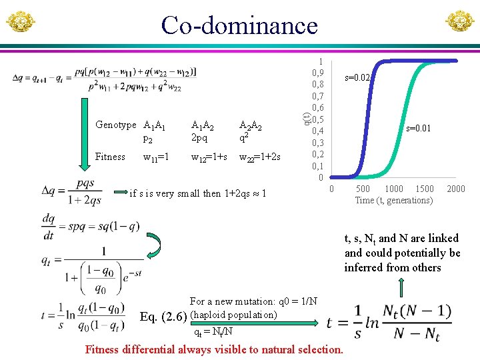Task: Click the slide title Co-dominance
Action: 239,25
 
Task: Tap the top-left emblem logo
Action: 20,22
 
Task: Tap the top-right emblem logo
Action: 460,22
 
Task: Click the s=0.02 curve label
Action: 357,78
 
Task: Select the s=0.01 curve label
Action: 420,127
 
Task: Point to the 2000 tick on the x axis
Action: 456,189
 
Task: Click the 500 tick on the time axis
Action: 363,189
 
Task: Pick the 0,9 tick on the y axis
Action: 318,73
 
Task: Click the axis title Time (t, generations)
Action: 393,200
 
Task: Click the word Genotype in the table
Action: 115,125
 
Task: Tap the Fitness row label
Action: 110,157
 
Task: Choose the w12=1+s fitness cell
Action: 209,157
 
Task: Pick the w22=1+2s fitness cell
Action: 259,157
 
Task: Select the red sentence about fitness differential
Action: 214,349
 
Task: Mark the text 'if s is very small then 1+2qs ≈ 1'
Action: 198,194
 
